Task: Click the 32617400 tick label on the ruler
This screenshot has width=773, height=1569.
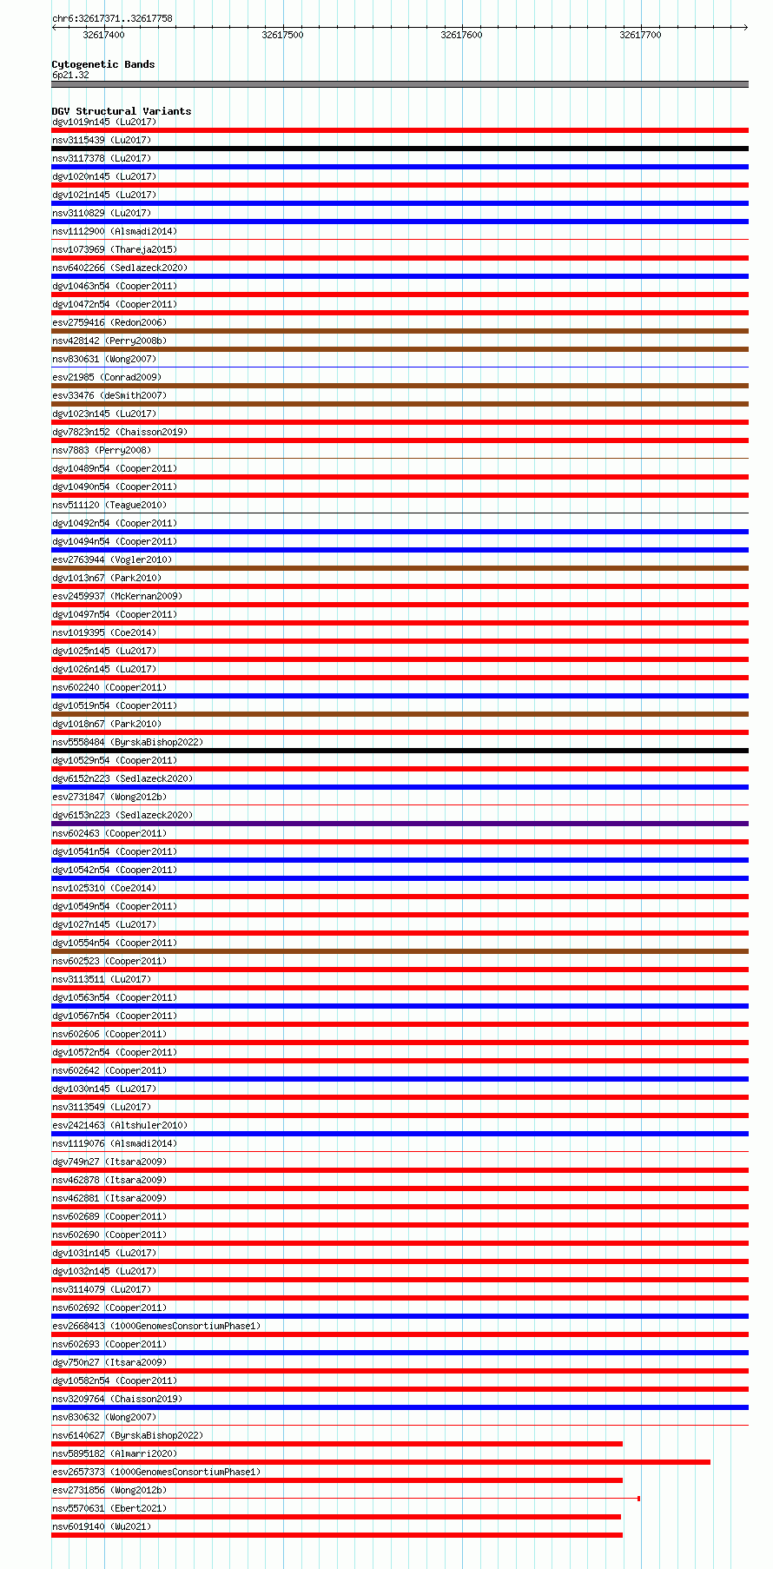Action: pyautogui.click(x=103, y=35)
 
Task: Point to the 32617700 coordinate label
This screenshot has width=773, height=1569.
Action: pyautogui.click(x=640, y=35)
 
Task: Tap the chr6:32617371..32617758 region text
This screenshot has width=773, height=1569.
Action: pyautogui.click(x=112, y=18)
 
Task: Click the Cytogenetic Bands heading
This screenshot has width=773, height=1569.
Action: pyautogui.click(x=102, y=64)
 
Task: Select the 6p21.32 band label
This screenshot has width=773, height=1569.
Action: pyautogui.click(x=70, y=75)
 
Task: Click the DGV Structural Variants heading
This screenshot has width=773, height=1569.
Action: pyautogui.click(x=121, y=111)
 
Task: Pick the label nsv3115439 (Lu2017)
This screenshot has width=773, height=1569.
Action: pyautogui.click(x=102, y=140)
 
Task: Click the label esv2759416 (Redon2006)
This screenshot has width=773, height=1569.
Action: pyautogui.click(x=109, y=322)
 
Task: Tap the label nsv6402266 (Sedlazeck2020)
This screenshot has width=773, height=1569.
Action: pyautogui.click(x=120, y=268)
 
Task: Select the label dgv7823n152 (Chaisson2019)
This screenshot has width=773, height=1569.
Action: pyautogui.click(x=120, y=432)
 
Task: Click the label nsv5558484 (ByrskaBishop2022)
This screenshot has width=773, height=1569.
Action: pyautogui.click(x=128, y=742)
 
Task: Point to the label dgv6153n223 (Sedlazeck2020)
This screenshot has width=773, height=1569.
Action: pyautogui.click(x=122, y=815)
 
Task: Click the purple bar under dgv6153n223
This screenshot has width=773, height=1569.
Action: pyautogui.click(x=400, y=824)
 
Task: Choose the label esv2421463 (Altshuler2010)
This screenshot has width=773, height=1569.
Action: pyautogui.click(x=120, y=1125)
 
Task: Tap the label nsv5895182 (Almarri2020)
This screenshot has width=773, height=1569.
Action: pyautogui.click(x=115, y=1453)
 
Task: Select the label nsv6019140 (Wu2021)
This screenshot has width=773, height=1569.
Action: pyautogui.click(x=102, y=1526)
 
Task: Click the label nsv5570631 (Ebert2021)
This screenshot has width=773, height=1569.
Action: pyautogui.click(x=109, y=1508)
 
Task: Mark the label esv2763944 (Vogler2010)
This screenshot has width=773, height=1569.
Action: pyautogui.click(x=112, y=559)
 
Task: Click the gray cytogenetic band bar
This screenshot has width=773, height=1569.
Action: pyautogui.click(x=400, y=84)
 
